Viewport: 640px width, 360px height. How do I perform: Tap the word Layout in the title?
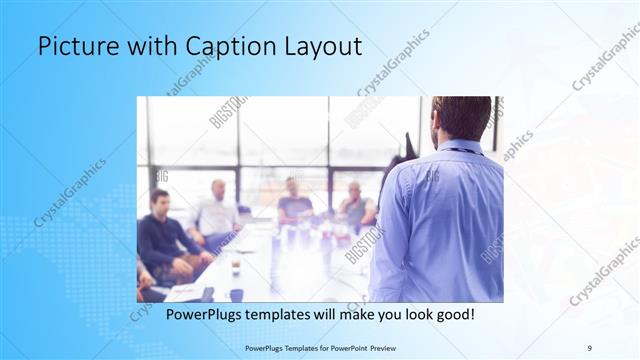pyautogui.click(x=321, y=47)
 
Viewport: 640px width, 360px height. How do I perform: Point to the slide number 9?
pyautogui.click(x=589, y=347)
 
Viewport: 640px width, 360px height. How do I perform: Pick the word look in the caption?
pyautogui.click(x=408, y=315)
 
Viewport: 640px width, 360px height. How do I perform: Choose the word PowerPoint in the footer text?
pyautogui.click(x=341, y=347)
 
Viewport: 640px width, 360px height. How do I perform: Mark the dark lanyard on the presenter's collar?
pyautogui.click(x=460, y=151)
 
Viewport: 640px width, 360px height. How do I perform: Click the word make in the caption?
pyautogui.click(x=341, y=315)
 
